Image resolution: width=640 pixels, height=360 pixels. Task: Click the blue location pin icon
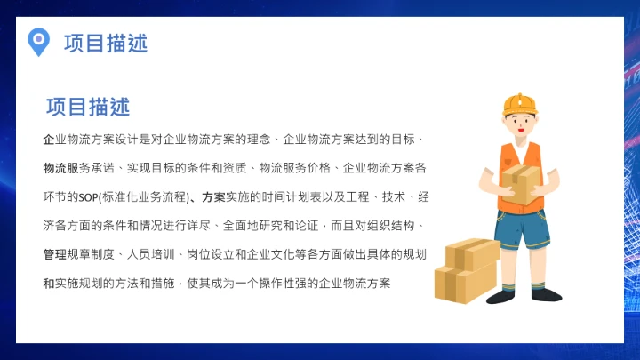[x=38, y=41]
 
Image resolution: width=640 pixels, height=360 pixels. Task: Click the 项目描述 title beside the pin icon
[x=106, y=43]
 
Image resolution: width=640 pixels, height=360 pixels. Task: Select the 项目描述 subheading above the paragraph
[x=88, y=108]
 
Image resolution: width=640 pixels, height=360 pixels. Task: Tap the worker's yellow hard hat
[x=520, y=104]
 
